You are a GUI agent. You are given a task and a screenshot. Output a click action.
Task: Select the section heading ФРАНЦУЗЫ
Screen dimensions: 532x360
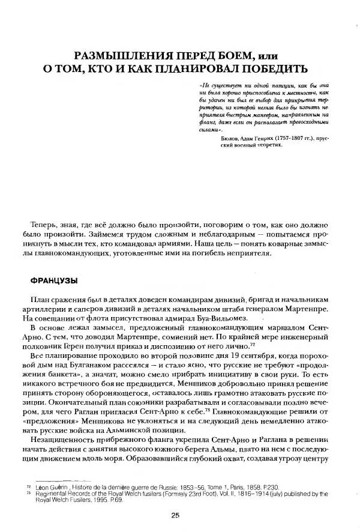55,280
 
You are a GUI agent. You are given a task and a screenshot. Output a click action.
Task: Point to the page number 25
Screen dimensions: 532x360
175,515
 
